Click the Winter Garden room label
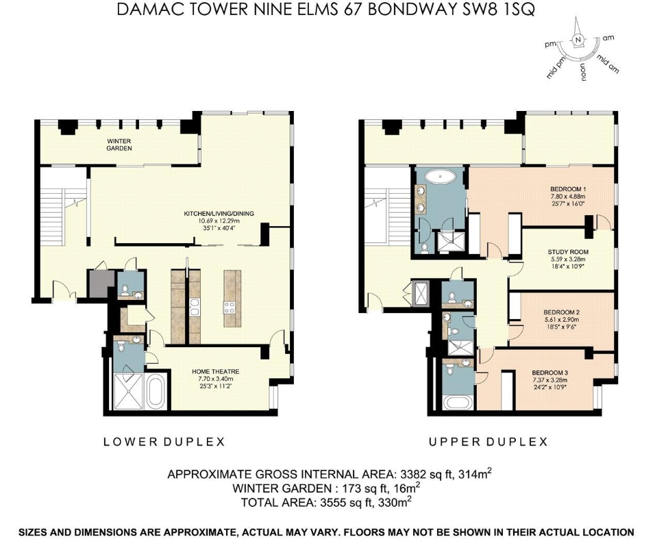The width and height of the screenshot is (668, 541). pyautogui.click(x=119, y=144)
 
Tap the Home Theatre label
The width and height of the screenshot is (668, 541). pyautogui.click(x=216, y=371)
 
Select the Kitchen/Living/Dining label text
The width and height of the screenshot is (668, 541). pyautogui.click(x=219, y=214)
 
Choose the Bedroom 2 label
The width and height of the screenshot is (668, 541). pyautogui.click(x=561, y=312)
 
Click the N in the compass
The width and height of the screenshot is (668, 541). pyautogui.click(x=578, y=40)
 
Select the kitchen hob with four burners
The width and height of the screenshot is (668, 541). pyautogui.click(x=230, y=307)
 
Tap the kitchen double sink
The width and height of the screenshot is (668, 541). pyautogui.click(x=194, y=307)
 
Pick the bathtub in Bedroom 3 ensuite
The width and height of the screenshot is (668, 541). pyautogui.click(x=458, y=402)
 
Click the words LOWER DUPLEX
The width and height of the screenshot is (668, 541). pyautogui.click(x=164, y=442)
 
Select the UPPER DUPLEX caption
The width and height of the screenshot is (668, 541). pyautogui.click(x=488, y=442)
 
